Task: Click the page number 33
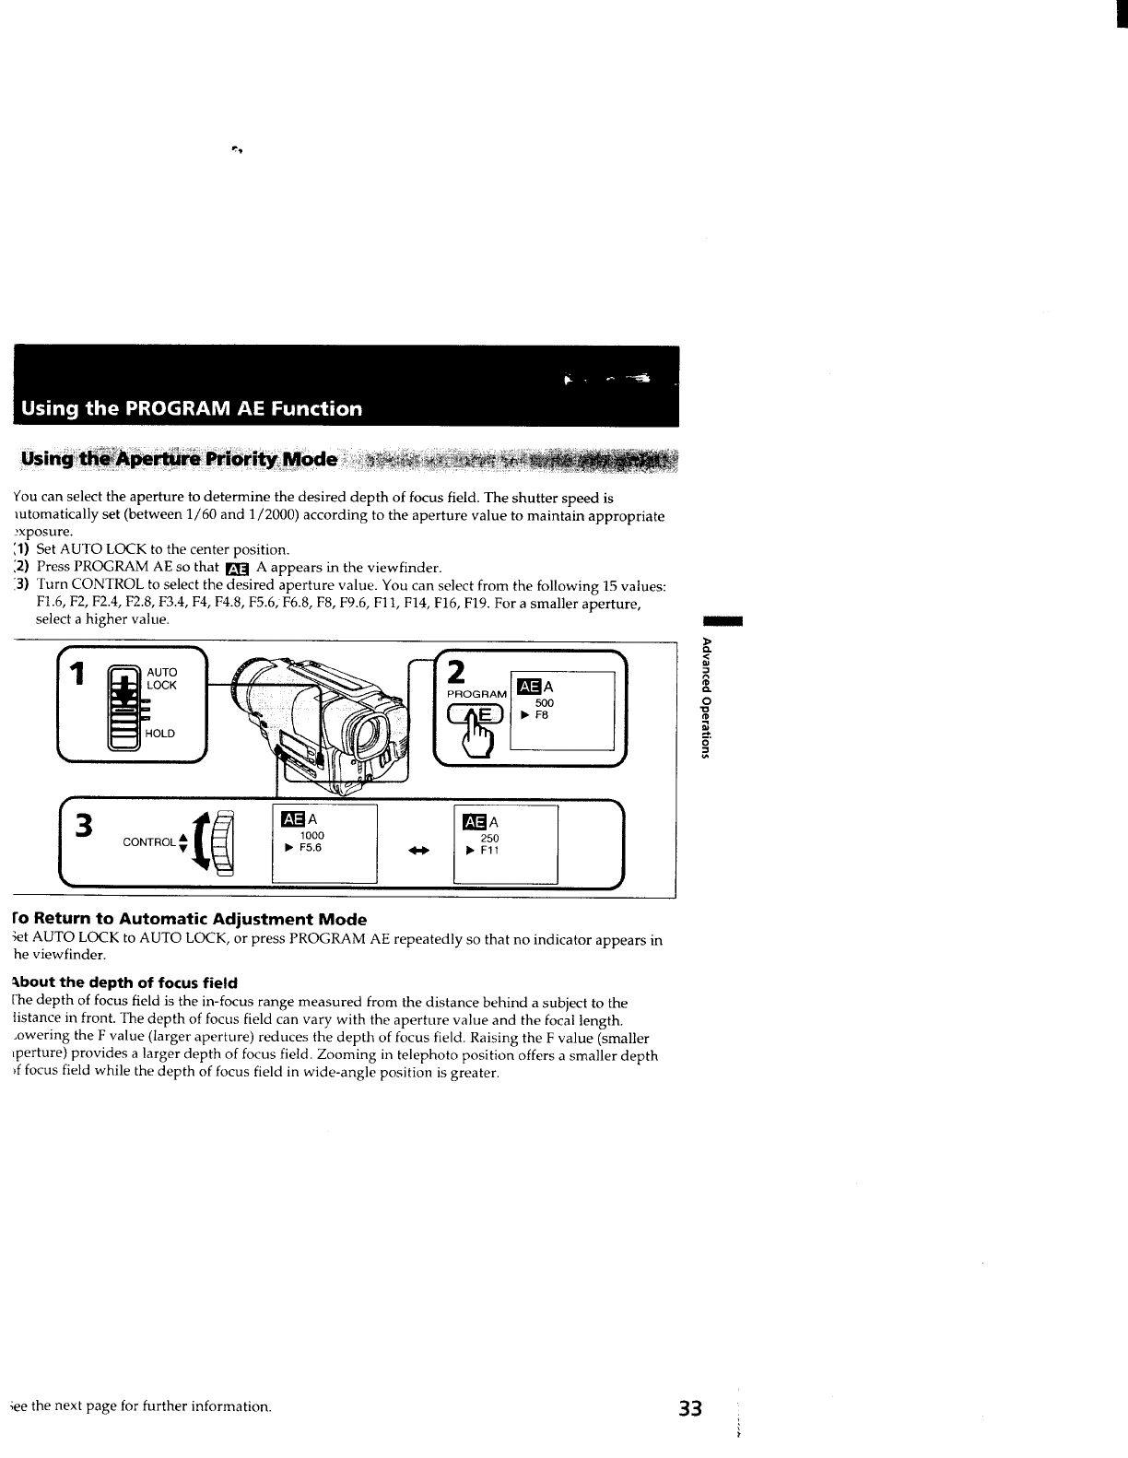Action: pos(690,1409)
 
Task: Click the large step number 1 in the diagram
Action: pos(79,676)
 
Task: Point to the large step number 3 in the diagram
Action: pos(85,826)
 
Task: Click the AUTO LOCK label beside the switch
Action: pos(161,679)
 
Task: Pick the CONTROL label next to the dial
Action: pos(148,842)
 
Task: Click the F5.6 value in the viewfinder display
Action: pos(310,847)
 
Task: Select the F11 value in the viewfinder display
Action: pos(489,851)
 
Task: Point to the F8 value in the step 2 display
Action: pos(542,714)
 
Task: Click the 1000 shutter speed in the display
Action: pos(312,835)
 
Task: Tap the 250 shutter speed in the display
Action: pos(490,839)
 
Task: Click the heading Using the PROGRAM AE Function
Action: pos(193,408)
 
